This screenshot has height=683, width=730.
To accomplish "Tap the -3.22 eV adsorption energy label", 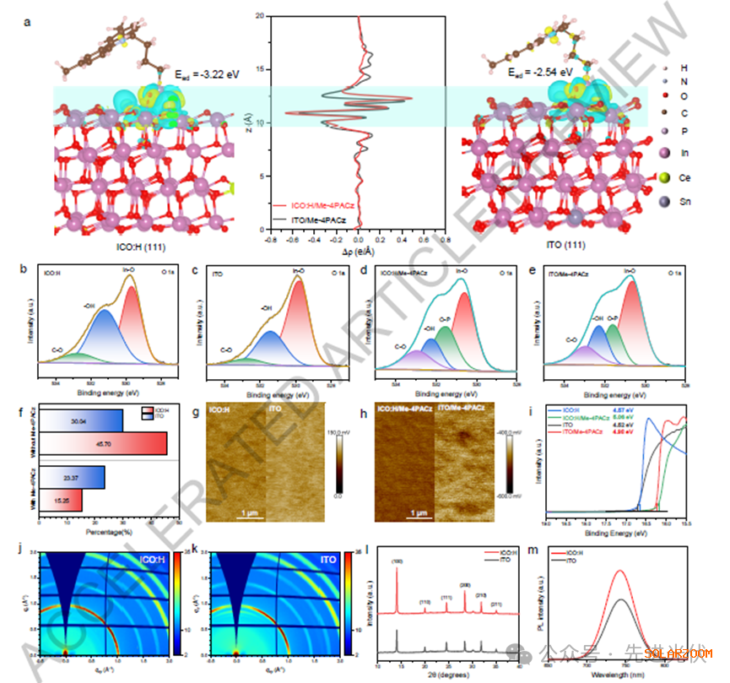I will point(207,75).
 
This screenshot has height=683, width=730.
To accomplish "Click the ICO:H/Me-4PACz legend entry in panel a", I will point(316,203).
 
